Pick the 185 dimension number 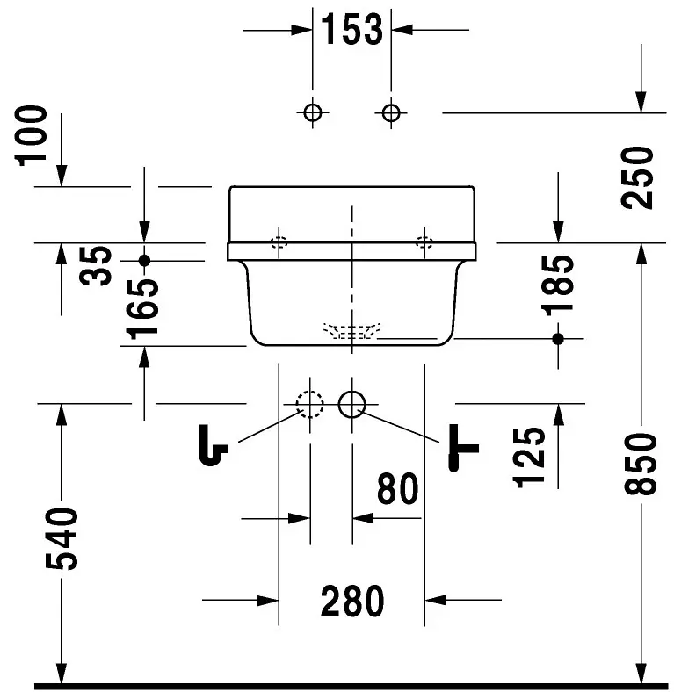pyautogui.click(x=558, y=284)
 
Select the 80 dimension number pyautogui.click(x=397, y=489)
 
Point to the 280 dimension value pyautogui.click(x=352, y=602)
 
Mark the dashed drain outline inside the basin pyautogui.click(x=351, y=332)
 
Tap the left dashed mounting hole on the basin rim pyautogui.click(x=279, y=241)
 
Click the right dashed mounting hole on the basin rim pyautogui.click(x=424, y=241)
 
